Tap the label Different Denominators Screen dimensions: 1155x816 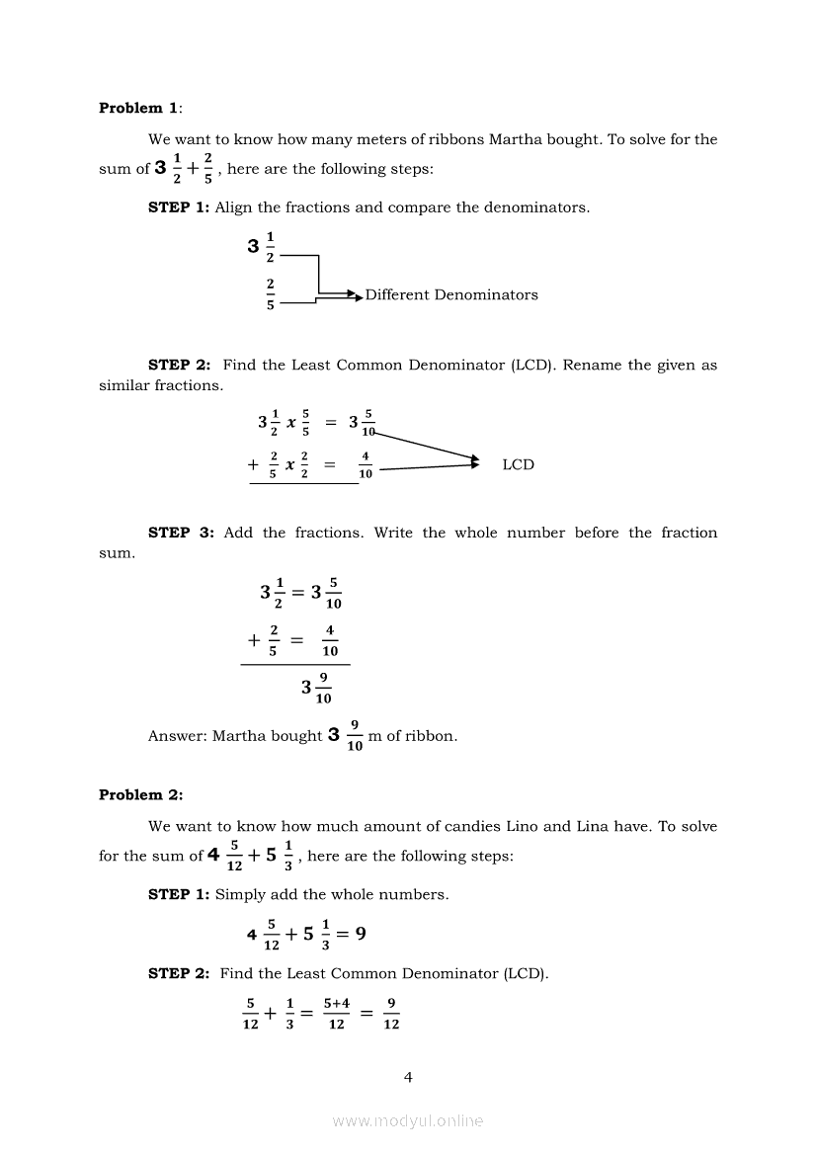[x=451, y=294]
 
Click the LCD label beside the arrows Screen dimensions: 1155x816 [x=518, y=464]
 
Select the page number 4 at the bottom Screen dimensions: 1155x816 [x=408, y=1077]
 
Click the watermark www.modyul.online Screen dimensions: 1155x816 [x=408, y=1120]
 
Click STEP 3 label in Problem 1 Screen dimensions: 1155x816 [x=181, y=533]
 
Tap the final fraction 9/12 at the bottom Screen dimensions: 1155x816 [x=391, y=1013]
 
